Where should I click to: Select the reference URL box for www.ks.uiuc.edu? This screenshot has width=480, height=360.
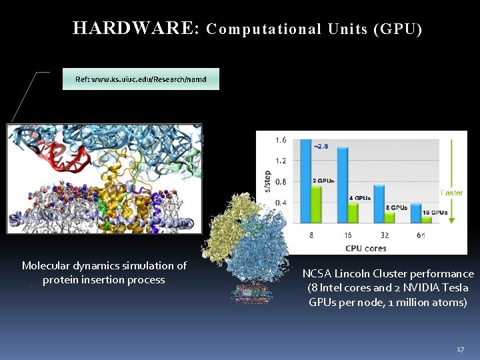click(x=141, y=79)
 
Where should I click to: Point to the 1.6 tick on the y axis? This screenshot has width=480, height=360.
click(x=281, y=140)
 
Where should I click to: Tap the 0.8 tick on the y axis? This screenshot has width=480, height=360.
click(x=281, y=181)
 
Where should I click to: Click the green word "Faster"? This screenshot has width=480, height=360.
click(x=451, y=193)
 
